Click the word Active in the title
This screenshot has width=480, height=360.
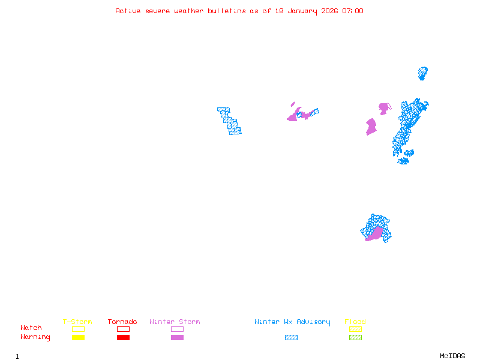pyautogui.click(x=128, y=11)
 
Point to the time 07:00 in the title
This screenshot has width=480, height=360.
pyautogui.click(x=353, y=11)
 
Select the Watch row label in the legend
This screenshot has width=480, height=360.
pyautogui.click(x=31, y=328)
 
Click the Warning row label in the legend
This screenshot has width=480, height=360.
pyautogui.click(x=35, y=337)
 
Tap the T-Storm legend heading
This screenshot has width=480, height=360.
pyautogui.click(x=77, y=322)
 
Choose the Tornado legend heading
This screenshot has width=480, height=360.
pyautogui.click(x=122, y=322)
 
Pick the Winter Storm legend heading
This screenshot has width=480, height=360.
pyautogui.click(x=175, y=322)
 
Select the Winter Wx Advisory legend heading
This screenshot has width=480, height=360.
pyautogui.click(x=292, y=322)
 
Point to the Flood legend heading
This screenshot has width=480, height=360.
pyautogui.click(x=355, y=322)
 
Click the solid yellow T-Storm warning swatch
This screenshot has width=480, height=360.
pyautogui.click(x=78, y=338)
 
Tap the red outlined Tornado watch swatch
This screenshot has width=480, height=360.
pyautogui.click(x=123, y=329)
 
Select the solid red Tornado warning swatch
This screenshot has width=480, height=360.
pyautogui.click(x=123, y=338)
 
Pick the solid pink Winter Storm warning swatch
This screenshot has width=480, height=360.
pyautogui.click(x=177, y=338)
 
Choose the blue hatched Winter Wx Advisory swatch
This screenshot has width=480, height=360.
pyautogui.click(x=291, y=338)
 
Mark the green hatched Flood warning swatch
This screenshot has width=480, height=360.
pyautogui.click(x=355, y=338)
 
